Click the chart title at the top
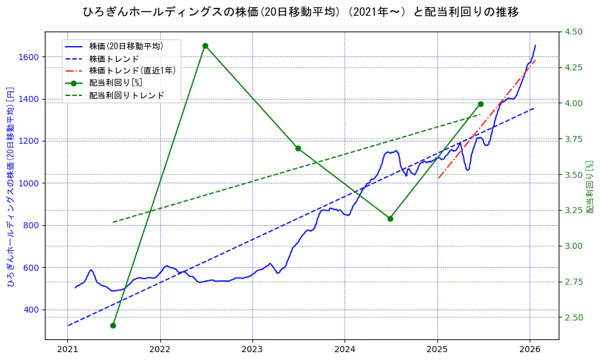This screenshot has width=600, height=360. click(x=300, y=12)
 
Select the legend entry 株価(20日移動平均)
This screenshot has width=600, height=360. click(x=126, y=46)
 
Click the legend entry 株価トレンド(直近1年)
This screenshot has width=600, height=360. click(x=132, y=70)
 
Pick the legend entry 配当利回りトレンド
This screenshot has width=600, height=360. click(x=126, y=95)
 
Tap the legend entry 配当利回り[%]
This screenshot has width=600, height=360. click(x=115, y=83)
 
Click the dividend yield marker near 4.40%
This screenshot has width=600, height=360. click(x=205, y=46)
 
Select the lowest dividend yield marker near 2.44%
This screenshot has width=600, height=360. click(x=113, y=325)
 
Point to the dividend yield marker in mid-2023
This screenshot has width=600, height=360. click(x=298, y=148)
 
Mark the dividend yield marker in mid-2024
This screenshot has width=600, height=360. click(x=390, y=219)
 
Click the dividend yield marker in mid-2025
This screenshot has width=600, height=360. click(x=480, y=104)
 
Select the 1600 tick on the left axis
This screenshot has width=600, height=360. click(x=28, y=57)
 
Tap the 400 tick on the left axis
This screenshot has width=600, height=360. click(x=30, y=310)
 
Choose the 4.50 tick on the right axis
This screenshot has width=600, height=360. click(x=574, y=32)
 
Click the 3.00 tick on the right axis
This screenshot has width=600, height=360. click(x=574, y=246)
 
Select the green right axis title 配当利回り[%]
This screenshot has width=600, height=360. click(x=589, y=186)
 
